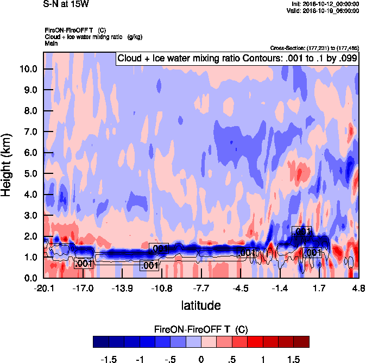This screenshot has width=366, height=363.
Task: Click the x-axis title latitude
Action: coord(200,305)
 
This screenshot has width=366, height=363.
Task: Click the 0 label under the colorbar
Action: coord(201,359)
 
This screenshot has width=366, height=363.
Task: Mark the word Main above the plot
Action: coord(51,42)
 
